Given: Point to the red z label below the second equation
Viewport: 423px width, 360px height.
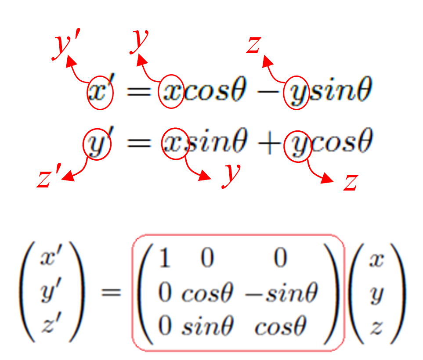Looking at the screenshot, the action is [x=350, y=182].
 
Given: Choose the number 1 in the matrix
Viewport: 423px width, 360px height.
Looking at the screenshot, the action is [x=165, y=259].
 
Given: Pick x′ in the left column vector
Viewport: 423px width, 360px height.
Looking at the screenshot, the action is [x=49, y=259].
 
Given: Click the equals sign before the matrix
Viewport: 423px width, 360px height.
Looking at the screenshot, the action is [x=110, y=292].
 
